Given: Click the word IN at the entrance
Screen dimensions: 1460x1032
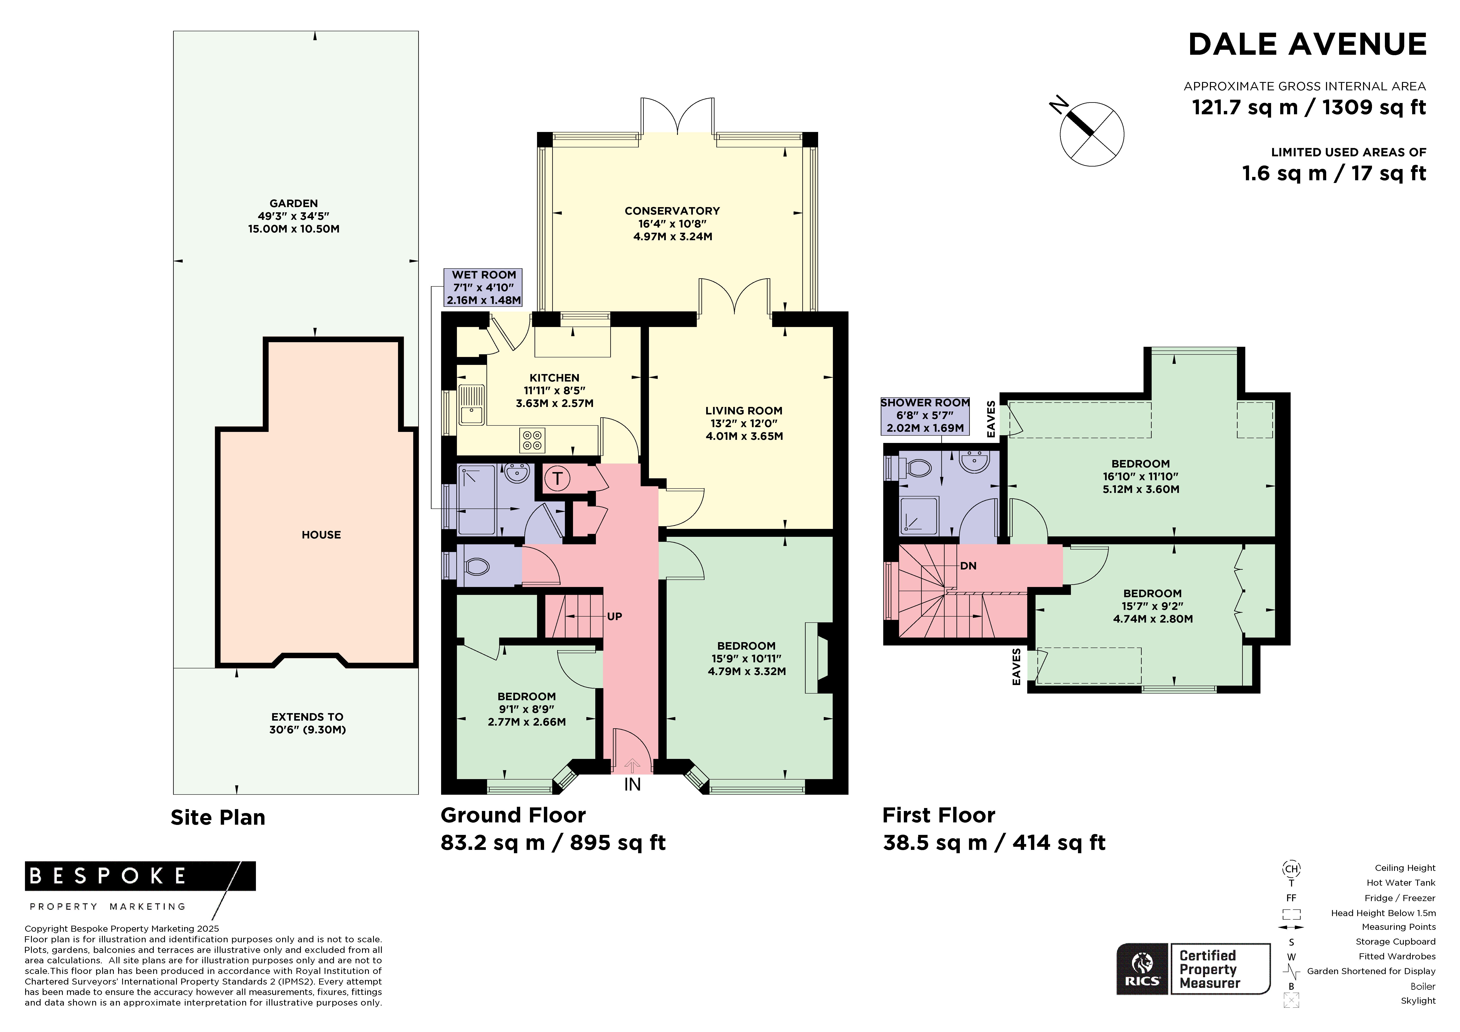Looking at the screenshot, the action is point(632,785).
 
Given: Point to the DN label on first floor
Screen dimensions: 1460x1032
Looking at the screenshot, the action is point(968,566).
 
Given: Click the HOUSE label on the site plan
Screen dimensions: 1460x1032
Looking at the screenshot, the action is point(321,535).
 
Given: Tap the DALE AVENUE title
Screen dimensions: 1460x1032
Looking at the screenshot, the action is point(1307,45).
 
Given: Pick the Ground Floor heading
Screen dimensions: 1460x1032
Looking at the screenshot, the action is point(513,815).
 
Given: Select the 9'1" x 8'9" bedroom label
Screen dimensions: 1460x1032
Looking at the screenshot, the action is point(527,709).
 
